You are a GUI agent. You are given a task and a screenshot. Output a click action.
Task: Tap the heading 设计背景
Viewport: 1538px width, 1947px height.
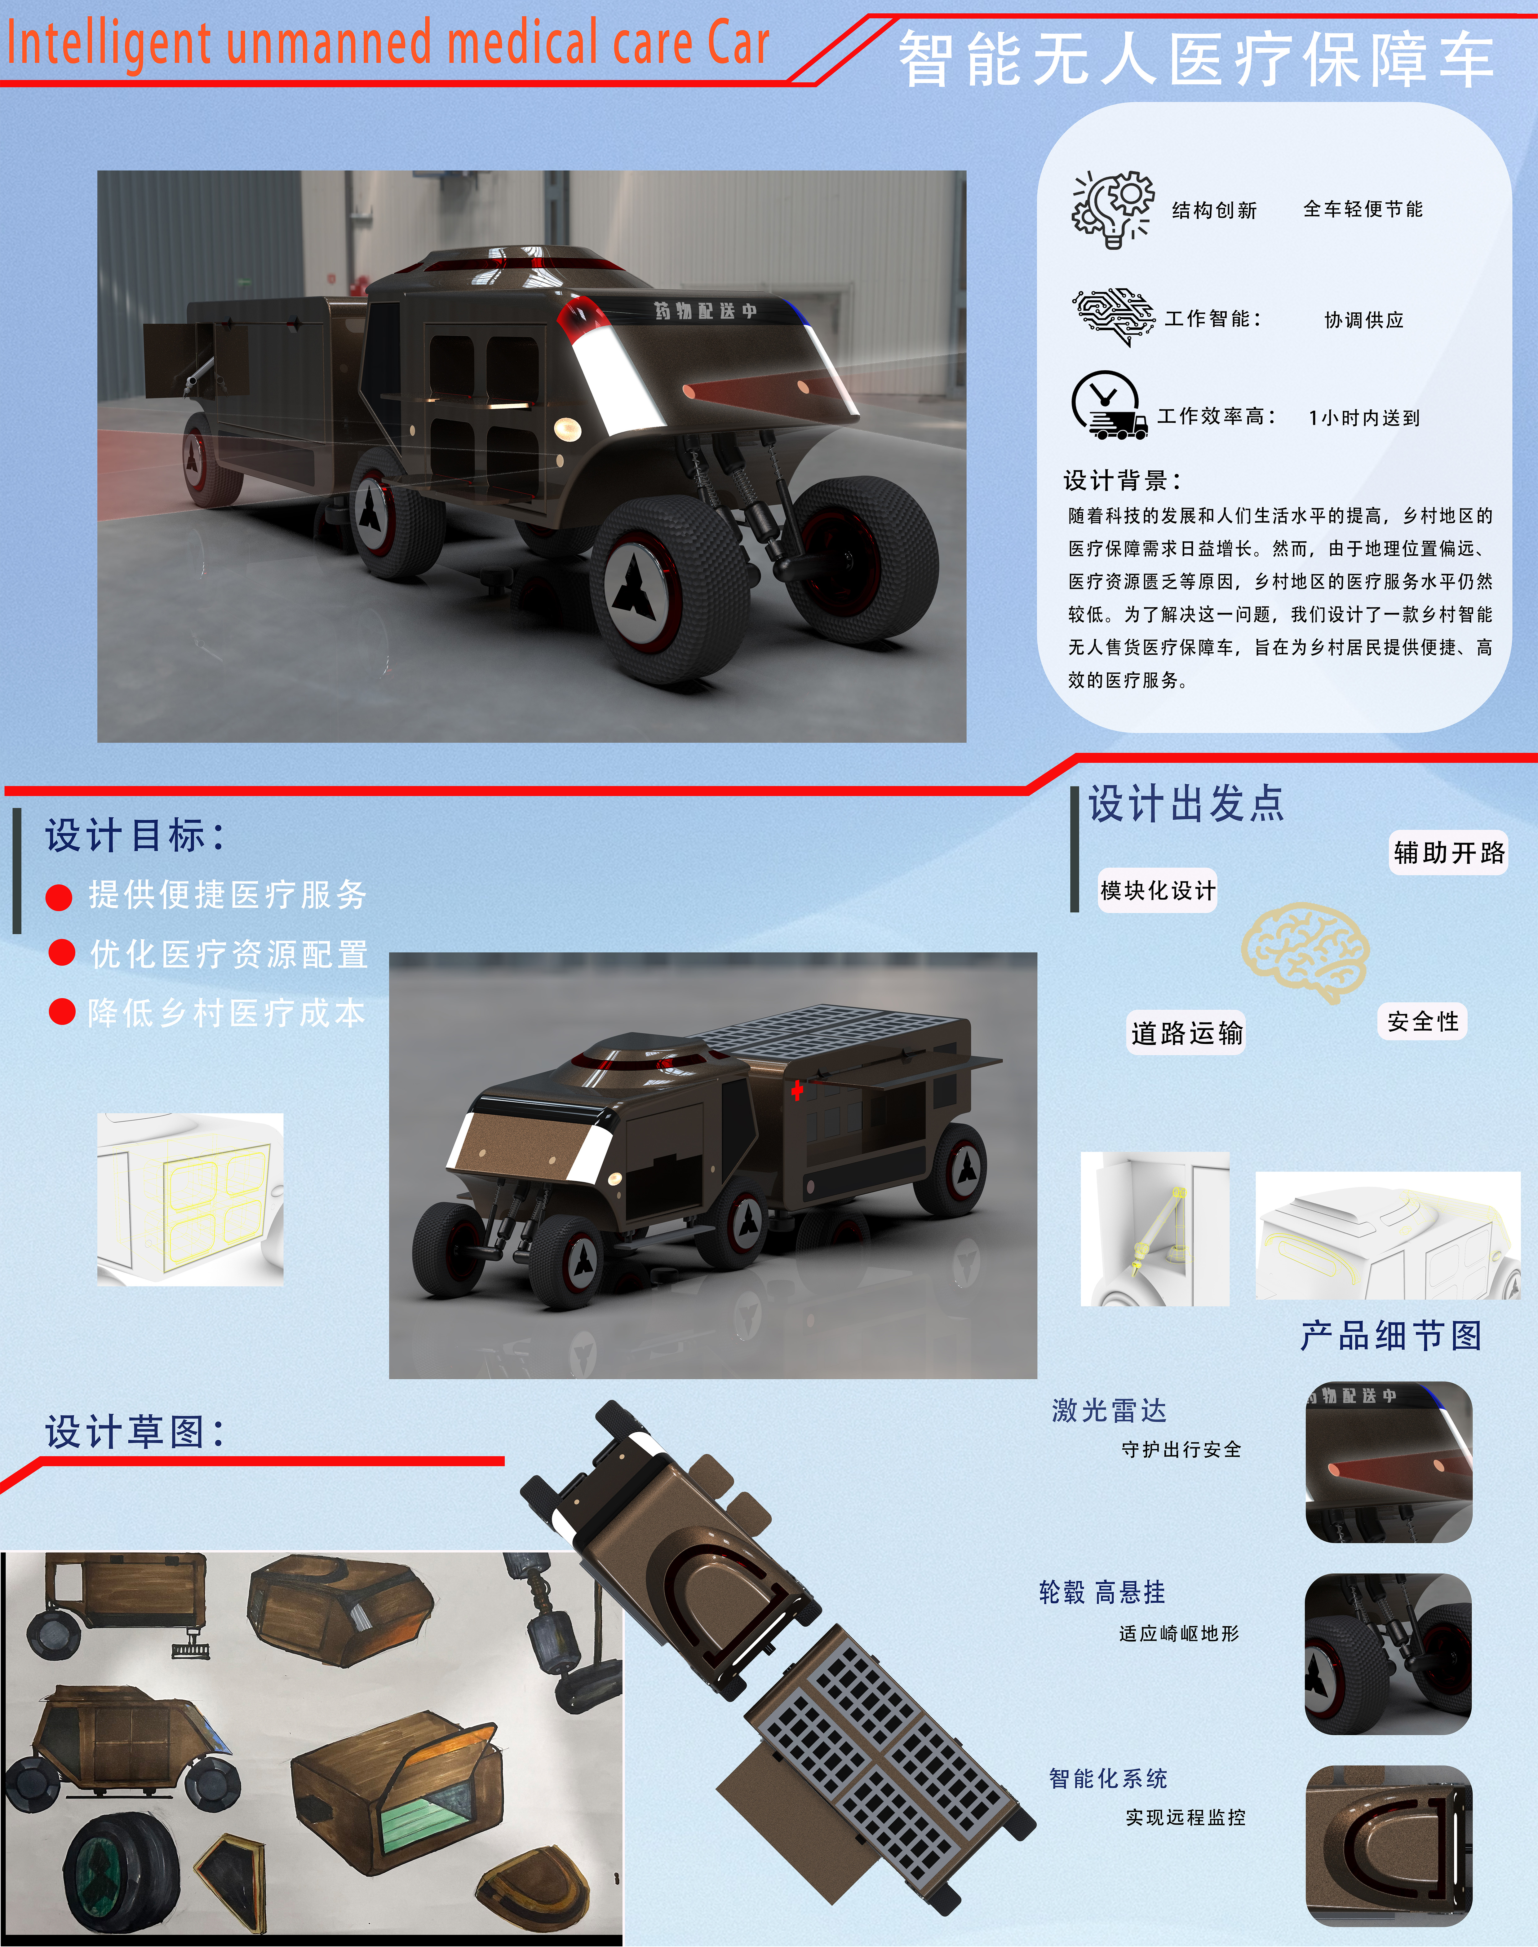click(1122, 480)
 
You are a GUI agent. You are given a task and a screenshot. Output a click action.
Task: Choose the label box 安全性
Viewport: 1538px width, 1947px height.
click(1423, 1022)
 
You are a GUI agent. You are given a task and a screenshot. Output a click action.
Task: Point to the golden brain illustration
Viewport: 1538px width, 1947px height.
click(1306, 952)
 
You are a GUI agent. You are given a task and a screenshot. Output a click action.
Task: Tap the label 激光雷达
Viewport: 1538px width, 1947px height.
click(1109, 1410)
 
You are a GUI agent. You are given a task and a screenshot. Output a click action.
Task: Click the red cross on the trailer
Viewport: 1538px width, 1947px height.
click(797, 1091)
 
